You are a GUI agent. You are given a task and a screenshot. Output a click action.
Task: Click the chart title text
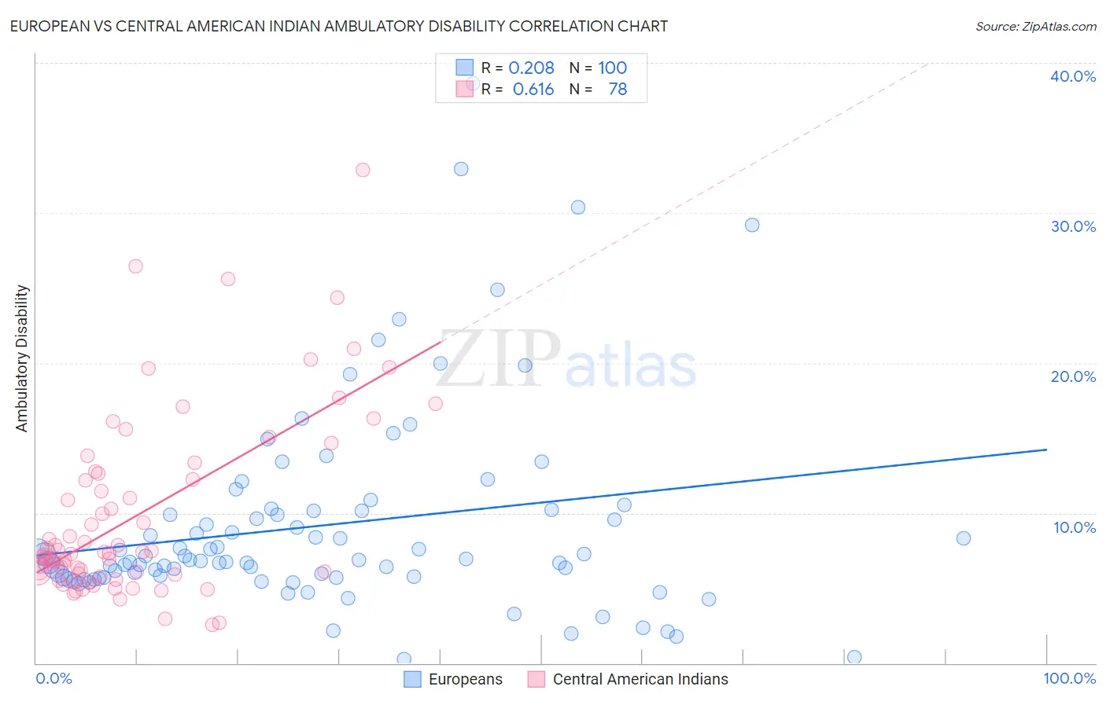pyautogui.click(x=340, y=26)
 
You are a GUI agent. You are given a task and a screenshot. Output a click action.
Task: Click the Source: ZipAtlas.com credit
pyautogui.click(x=1035, y=26)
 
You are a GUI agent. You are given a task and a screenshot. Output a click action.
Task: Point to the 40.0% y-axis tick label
pyautogui.click(x=1073, y=76)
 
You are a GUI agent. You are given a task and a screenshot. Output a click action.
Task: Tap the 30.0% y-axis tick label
pyautogui.click(x=1073, y=226)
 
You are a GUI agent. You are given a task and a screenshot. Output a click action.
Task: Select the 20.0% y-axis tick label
pyautogui.click(x=1073, y=376)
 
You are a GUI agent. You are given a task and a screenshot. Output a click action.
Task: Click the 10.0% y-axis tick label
pyautogui.click(x=1074, y=527)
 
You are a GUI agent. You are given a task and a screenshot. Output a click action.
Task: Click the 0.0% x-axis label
pyautogui.click(x=53, y=678)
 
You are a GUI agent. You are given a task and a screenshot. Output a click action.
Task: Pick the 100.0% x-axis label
pyautogui.click(x=1069, y=678)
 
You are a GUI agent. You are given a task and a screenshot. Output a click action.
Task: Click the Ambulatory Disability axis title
pyautogui.click(x=22, y=358)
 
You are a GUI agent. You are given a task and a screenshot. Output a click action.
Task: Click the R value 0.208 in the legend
pyautogui.click(x=531, y=68)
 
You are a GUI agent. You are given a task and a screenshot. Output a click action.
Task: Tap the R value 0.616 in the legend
pyautogui.click(x=533, y=90)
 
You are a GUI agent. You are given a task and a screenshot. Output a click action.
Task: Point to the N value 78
pyautogui.click(x=618, y=90)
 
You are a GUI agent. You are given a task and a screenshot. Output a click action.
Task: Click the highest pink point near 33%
pyautogui.click(x=363, y=170)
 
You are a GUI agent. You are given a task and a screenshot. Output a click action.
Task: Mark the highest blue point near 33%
pyautogui.click(x=461, y=169)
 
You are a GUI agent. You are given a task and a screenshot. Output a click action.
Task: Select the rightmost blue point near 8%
pyautogui.click(x=964, y=538)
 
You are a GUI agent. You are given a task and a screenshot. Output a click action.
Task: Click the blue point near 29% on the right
pyautogui.click(x=752, y=225)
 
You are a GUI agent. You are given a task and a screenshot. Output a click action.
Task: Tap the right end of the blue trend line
pyautogui.click(x=1046, y=450)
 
